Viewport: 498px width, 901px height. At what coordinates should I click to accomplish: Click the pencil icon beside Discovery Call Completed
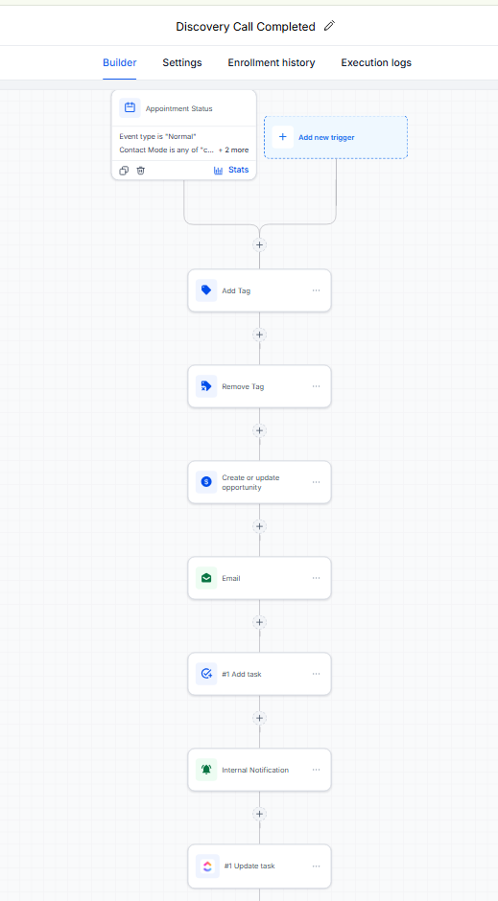tap(329, 26)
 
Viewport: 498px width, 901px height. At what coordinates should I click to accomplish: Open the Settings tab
tap(181, 62)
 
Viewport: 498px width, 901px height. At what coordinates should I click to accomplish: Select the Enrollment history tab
tap(272, 62)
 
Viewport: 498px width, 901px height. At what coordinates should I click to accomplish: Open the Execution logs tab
tap(376, 62)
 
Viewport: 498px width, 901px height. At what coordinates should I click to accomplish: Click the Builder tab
tap(120, 62)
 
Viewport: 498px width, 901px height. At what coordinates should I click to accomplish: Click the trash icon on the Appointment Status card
tap(141, 170)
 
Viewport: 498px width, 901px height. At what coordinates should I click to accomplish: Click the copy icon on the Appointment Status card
tap(124, 170)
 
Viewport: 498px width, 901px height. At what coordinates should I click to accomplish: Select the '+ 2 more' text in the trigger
tap(233, 150)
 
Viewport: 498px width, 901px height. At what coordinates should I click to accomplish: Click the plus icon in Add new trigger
tap(282, 137)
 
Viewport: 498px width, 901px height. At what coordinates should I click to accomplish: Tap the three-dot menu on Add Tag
tap(317, 290)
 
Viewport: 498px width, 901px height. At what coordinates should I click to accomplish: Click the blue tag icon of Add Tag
tap(206, 290)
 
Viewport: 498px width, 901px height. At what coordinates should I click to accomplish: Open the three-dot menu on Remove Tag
tap(317, 386)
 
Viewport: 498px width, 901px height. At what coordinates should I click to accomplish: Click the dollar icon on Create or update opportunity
tap(206, 482)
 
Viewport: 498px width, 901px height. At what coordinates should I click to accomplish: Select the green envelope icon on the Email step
tap(206, 578)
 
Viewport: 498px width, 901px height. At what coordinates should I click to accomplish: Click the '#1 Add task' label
tap(242, 674)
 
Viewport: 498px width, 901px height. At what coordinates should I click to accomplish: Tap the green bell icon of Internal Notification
tap(206, 770)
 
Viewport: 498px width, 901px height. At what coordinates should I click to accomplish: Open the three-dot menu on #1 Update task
tap(317, 866)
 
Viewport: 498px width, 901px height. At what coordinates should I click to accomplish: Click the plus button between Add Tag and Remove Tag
tap(259, 335)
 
